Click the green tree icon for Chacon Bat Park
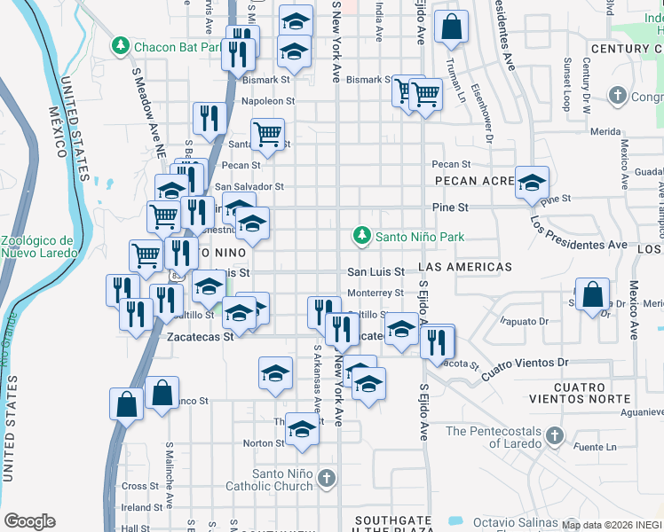point(120,45)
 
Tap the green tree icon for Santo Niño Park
point(361,236)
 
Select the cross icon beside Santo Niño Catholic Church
point(327,480)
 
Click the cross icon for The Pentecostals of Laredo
point(555,434)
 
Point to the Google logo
point(29,520)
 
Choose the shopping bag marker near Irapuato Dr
point(591,295)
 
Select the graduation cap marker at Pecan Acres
point(532,184)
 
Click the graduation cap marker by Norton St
point(302,430)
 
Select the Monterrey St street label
point(375,293)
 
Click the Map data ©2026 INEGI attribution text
point(612,525)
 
